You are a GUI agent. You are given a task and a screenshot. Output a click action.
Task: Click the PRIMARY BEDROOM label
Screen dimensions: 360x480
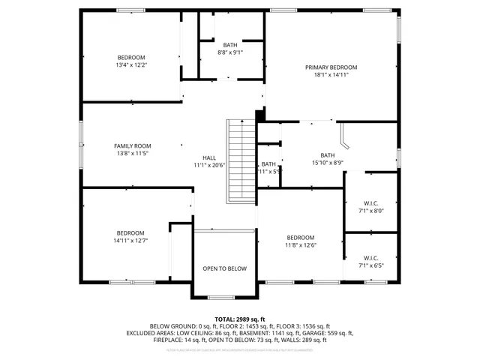click(x=331, y=67)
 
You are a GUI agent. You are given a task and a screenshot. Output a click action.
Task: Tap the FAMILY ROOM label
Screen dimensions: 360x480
click(x=132, y=145)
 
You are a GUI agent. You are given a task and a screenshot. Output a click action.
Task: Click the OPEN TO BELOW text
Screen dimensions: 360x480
click(x=225, y=268)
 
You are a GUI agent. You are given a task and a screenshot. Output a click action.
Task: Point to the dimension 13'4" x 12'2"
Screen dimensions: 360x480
click(x=131, y=65)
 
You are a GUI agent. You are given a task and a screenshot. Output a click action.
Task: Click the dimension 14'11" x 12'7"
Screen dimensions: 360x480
click(x=130, y=241)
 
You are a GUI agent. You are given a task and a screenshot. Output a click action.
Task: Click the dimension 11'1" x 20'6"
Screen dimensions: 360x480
click(x=209, y=165)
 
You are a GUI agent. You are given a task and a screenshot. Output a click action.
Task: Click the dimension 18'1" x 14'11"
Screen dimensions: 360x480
click(x=331, y=75)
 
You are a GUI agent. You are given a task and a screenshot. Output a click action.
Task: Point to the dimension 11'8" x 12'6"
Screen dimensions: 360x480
click(x=300, y=244)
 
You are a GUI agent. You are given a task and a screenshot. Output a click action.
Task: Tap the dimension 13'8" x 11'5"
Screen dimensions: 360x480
click(x=132, y=153)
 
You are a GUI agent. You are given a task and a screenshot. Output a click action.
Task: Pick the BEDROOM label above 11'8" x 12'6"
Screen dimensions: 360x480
click(x=300, y=237)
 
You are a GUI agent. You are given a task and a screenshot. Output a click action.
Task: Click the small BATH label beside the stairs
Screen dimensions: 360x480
click(x=268, y=164)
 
